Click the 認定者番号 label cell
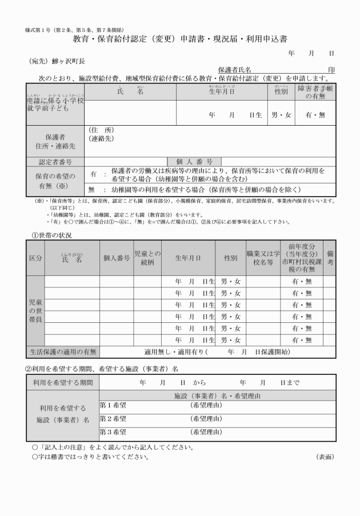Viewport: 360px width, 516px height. point(55,162)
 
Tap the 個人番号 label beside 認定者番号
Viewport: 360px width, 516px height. point(194,162)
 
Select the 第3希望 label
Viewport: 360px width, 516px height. point(113,433)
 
